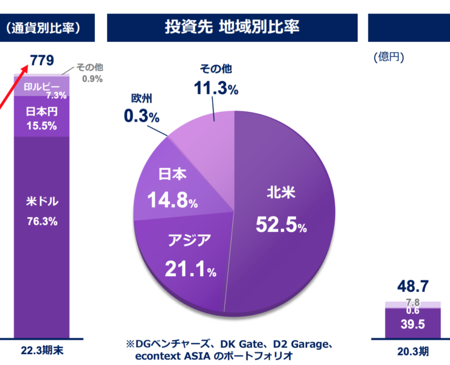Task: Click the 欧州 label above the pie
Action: click(142, 98)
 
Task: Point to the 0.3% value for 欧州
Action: click(141, 115)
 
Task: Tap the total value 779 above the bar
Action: click(43, 60)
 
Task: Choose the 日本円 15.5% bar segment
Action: click(42, 118)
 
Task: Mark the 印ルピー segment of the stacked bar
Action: click(42, 89)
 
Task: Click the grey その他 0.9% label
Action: click(89, 72)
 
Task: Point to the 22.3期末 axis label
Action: click(43, 351)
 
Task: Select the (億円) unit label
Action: click(389, 57)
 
